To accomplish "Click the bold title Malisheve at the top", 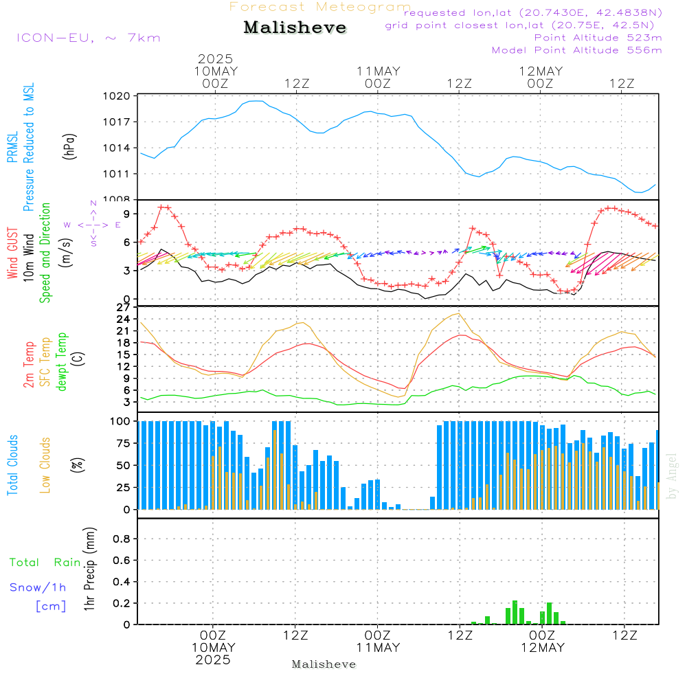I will click(x=295, y=27).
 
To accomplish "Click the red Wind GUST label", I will click(x=12, y=254).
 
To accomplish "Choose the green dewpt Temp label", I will click(x=62, y=362).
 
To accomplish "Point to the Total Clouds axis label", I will click(x=12, y=465).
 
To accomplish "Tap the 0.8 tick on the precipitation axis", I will click(x=122, y=539).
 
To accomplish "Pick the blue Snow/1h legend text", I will click(x=38, y=587).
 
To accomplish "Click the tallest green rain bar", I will click(x=515, y=612).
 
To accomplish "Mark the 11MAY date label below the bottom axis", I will click(x=378, y=648).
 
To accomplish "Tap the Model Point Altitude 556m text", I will click(x=576, y=50).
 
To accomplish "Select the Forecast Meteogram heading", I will click(x=320, y=7).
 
